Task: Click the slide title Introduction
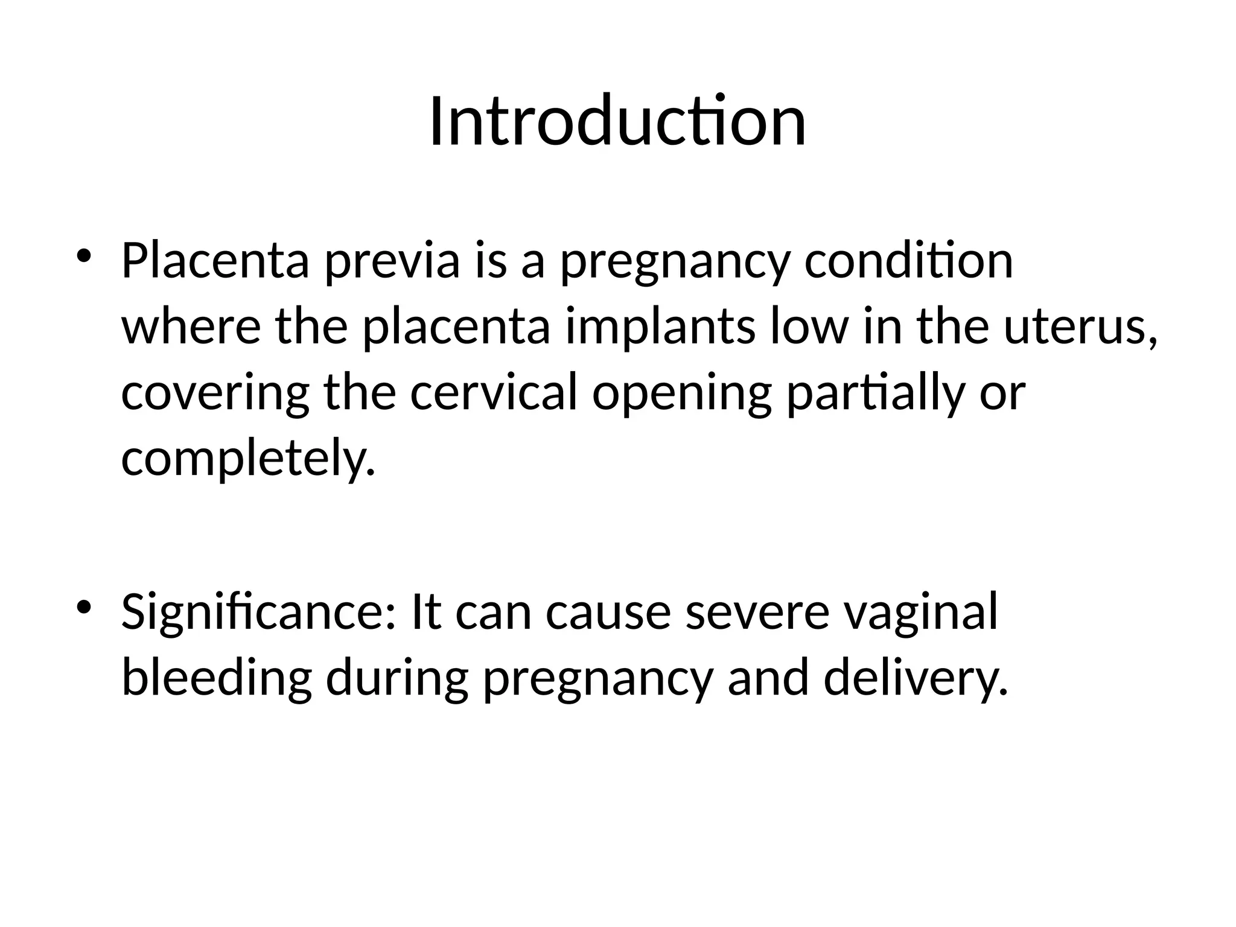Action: tap(617, 122)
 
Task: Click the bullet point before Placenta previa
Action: tap(85, 255)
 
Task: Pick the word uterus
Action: tap(1080, 328)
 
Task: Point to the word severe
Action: tap(757, 613)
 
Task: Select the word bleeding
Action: tap(217, 678)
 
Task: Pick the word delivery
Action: tap(916, 678)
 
